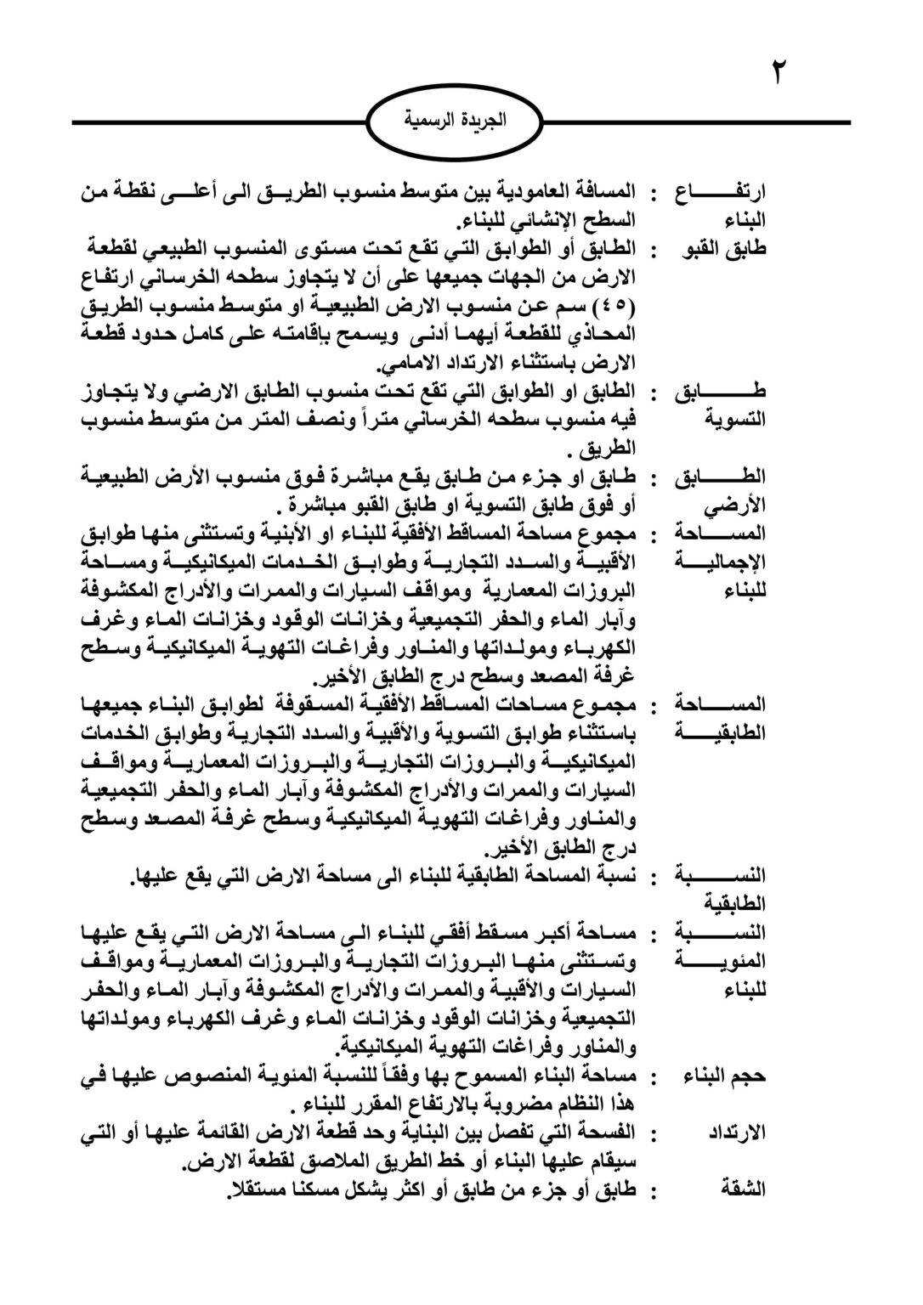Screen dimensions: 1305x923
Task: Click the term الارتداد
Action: [x=737, y=1133]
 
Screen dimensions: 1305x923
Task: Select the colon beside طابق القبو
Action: [x=654, y=251]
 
